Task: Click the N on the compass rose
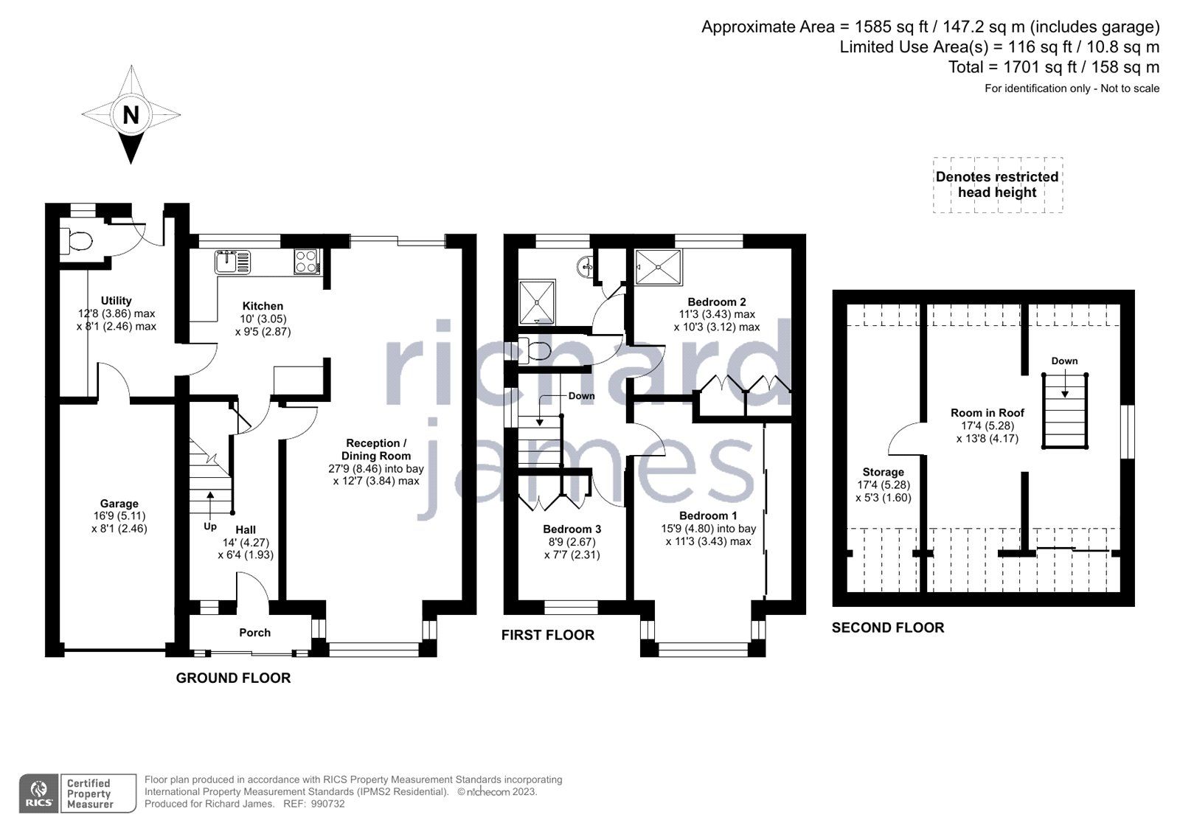tap(131, 115)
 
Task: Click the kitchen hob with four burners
tap(306, 261)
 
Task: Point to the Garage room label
tap(119, 504)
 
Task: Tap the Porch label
tap(254, 633)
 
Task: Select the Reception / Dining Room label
tap(376, 449)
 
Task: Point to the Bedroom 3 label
tap(572, 529)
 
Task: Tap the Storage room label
tap(883, 472)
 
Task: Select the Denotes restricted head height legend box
tap(997, 185)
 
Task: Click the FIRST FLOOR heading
tap(547, 635)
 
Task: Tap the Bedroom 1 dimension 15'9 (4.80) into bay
tap(708, 528)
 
